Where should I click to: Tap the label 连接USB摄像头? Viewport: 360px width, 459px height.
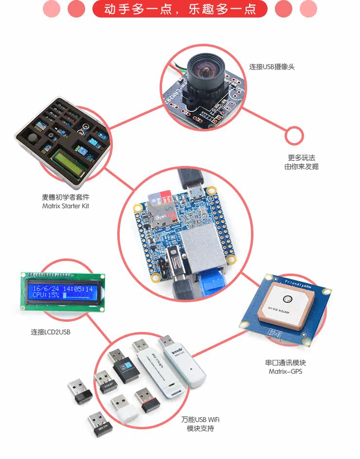(x=272, y=67)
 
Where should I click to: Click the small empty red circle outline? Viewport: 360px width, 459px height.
(x=294, y=136)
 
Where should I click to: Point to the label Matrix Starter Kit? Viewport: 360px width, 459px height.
(x=66, y=206)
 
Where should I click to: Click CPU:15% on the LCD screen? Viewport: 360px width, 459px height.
(x=46, y=295)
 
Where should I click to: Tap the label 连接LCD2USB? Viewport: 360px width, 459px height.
(x=52, y=332)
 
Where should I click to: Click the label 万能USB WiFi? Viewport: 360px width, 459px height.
(x=200, y=420)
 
